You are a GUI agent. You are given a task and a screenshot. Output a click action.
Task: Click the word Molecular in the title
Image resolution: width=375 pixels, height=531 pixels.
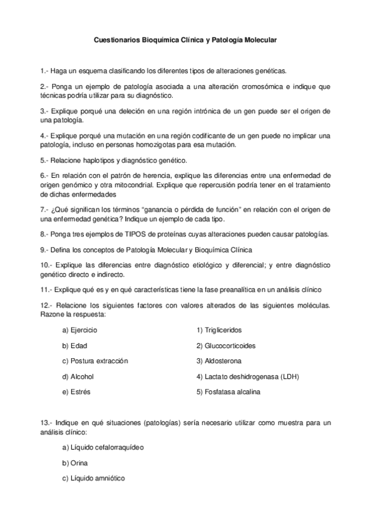coord(259,39)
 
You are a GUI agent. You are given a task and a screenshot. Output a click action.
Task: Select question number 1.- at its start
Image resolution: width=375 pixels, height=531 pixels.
coord(44,71)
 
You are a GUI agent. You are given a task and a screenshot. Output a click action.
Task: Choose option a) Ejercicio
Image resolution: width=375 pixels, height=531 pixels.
coord(80,329)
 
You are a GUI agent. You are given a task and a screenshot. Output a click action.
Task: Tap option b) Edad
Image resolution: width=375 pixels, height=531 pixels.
coord(74,346)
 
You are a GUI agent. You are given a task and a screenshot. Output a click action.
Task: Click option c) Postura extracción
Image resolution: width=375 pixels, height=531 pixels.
coord(95,361)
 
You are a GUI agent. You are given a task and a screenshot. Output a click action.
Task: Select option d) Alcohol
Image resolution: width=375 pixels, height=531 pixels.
coord(78,377)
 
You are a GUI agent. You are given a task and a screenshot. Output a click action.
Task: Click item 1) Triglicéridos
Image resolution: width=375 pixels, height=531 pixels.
coord(218,329)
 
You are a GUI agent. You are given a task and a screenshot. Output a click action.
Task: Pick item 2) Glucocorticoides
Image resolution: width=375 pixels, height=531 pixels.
coord(225,346)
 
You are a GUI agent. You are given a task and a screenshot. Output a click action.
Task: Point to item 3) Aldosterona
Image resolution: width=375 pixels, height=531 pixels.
coord(218,361)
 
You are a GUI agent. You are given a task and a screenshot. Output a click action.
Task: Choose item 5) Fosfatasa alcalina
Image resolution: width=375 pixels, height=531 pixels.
coord(228,393)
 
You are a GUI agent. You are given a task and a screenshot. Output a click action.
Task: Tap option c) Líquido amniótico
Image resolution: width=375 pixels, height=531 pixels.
coord(93,478)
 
